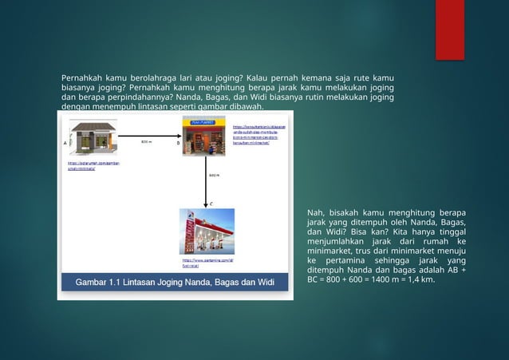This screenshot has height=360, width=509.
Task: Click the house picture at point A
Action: [93, 136]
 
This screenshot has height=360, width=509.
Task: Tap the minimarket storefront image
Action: [203, 136]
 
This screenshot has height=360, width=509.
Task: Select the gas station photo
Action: [207, 231]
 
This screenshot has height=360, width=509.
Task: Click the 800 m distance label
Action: [146, 142]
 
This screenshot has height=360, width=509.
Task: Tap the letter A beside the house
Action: [65, 142]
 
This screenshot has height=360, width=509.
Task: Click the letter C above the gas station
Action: [211, 203]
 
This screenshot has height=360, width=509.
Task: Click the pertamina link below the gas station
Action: [207, 263]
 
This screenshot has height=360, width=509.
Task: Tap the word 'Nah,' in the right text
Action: [316, 212]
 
